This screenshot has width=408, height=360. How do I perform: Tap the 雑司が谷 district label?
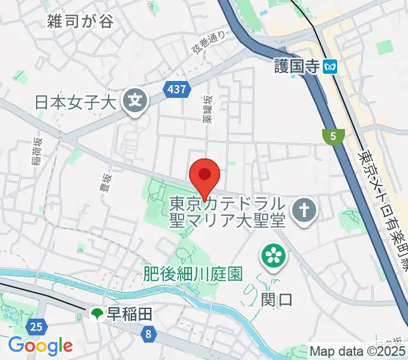80,22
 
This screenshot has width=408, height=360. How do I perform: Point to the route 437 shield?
178,90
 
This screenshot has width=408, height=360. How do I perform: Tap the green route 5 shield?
332,136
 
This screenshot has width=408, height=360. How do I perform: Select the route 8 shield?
148,331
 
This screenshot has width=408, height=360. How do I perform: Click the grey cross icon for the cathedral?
304,211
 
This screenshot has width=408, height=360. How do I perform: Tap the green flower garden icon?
273,256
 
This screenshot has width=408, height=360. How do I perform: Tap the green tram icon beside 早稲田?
96,313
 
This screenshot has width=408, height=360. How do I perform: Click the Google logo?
40,346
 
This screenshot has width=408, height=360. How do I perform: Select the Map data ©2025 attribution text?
358,351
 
